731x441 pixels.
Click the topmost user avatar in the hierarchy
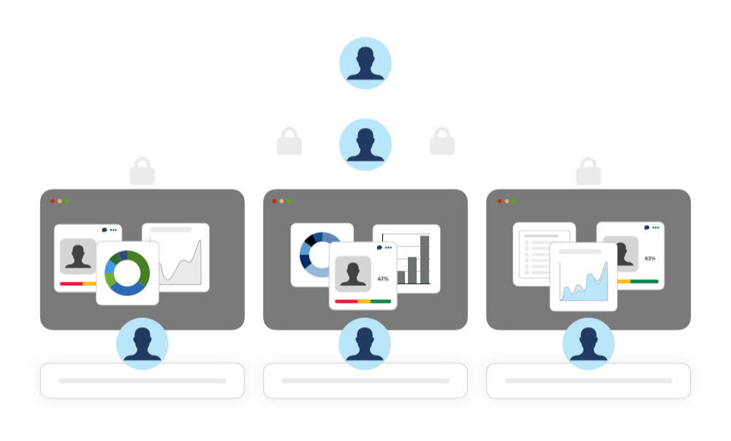tap(365, 63)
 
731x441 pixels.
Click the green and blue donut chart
tap(127, 273)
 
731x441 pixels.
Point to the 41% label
tap(383, 279)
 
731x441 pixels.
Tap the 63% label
tap(650, 259)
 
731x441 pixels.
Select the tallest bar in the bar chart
tap(425, 260)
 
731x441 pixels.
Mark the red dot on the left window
tap(53, 201)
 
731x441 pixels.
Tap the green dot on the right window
tap(514, 201)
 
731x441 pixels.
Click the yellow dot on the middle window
tap(281, 201)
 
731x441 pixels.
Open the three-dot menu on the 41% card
tap(388, 248)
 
